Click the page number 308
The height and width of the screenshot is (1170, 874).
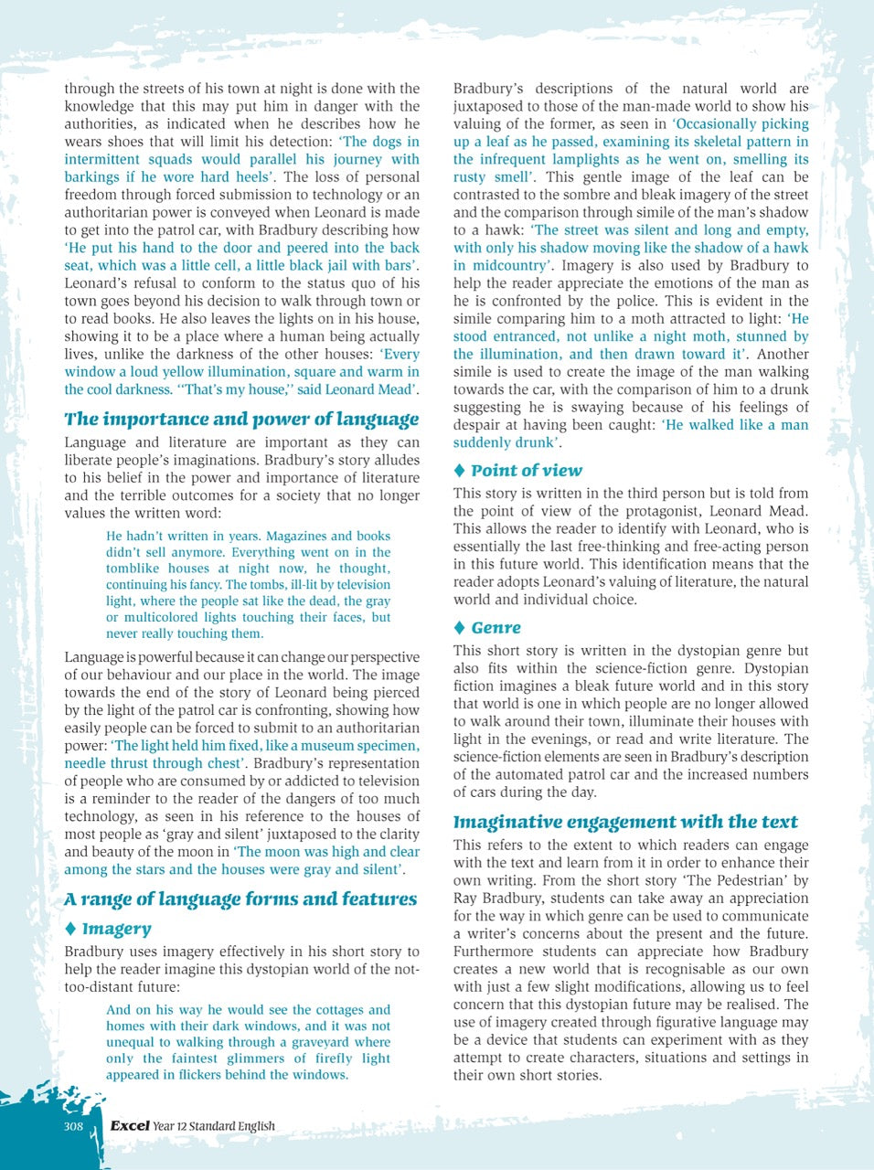point(73,1126)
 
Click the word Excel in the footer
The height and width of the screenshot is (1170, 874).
point(130,1126)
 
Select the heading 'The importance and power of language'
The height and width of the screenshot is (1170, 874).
point(241,420)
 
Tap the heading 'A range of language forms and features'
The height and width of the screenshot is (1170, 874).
point(240,899)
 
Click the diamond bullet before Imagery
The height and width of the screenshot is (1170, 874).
point(70,929)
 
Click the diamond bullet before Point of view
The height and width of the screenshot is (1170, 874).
point(460,471)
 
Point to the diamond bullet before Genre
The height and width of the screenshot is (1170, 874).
point(460,628)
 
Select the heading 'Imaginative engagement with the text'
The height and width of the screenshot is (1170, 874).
point(625,822)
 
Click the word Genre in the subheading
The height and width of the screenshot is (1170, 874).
point(496,628)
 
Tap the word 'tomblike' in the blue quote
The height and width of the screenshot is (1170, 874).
point(132,569)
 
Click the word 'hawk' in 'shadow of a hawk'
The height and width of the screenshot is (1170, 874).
point(792,248)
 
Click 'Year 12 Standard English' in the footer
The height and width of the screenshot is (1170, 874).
point(214,1126)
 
